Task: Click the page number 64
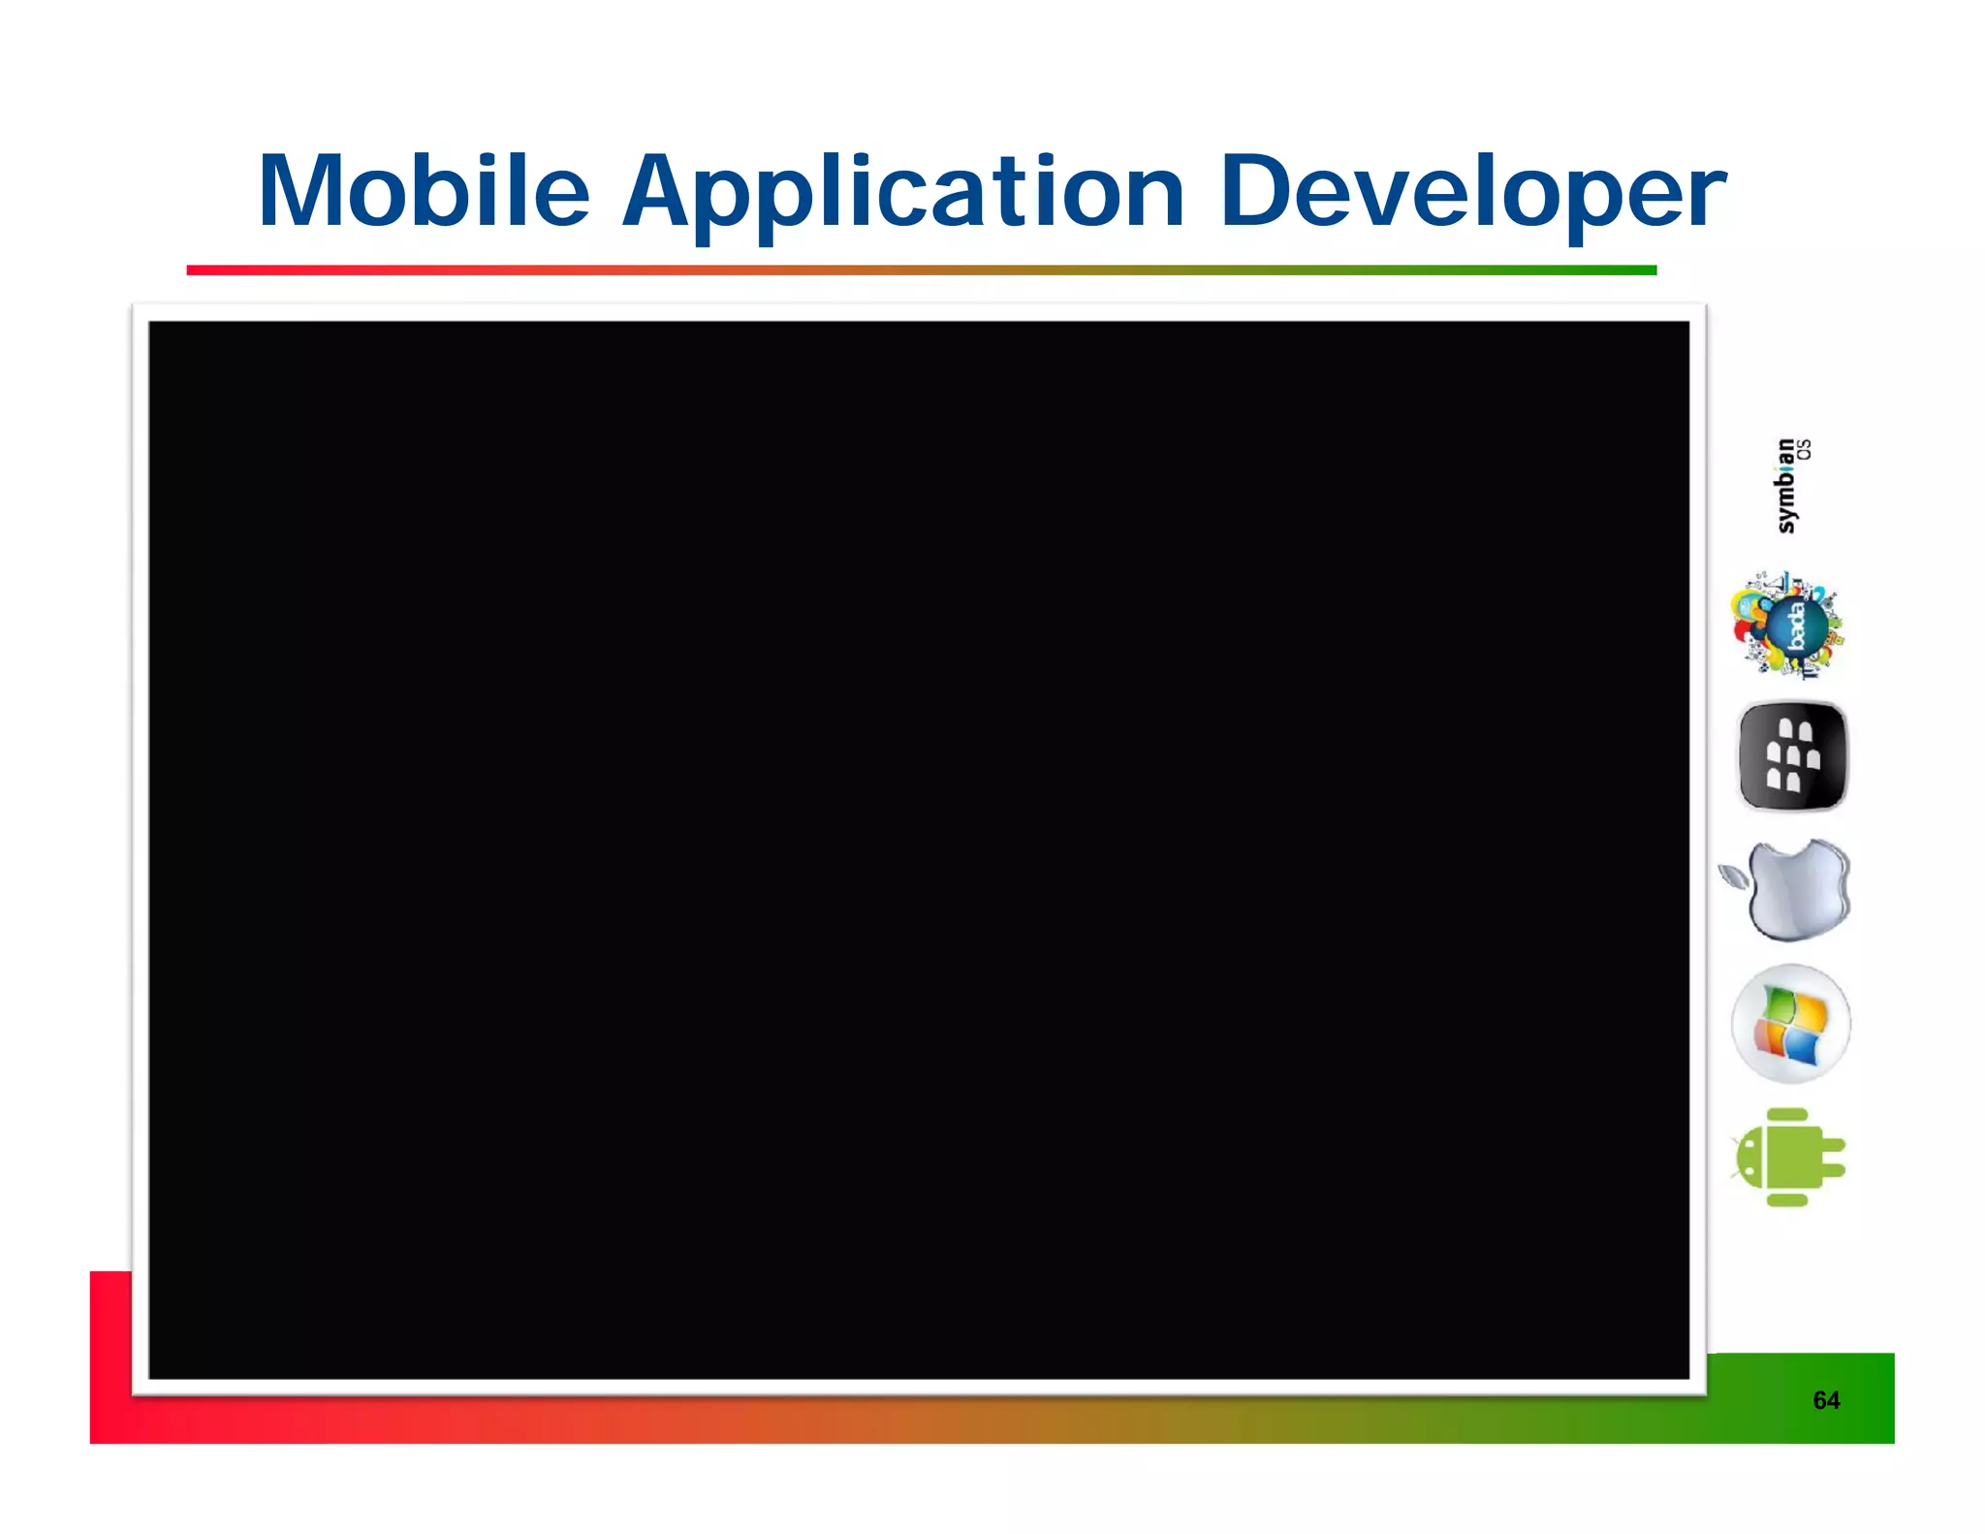1826,1400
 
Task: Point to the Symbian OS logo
1790,486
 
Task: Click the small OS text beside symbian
1804,449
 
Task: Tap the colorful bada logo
1790,626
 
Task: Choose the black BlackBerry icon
1792,756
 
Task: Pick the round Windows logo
1790,1023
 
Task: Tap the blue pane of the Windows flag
1804,1047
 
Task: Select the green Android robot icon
1788,1157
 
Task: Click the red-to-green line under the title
921,270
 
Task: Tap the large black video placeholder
918,849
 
